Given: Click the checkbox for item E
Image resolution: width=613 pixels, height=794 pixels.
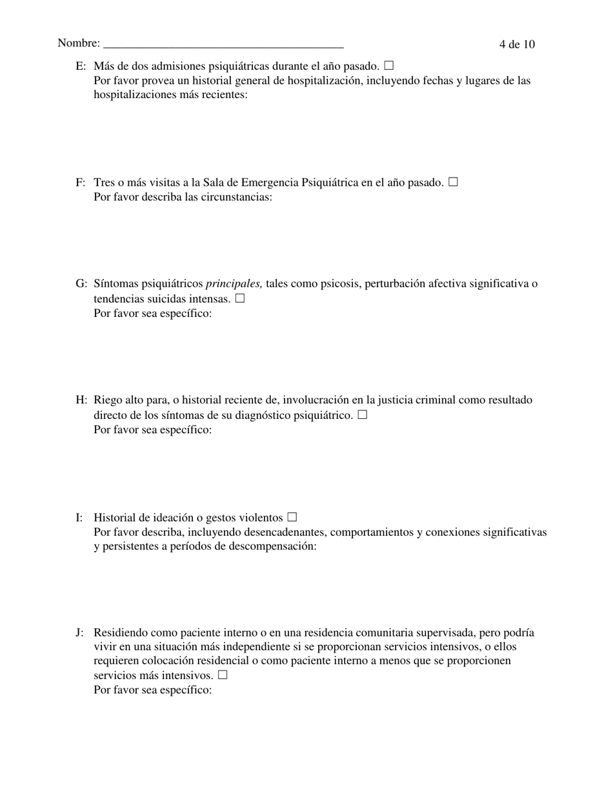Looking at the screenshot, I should tap(388, 65).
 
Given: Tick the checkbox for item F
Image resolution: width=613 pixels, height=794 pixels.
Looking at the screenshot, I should tap(453, 182).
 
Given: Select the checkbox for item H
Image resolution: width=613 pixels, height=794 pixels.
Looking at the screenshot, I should tap(362, 414).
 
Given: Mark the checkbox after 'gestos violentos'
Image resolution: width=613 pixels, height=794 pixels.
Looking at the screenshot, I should tap(292, 517).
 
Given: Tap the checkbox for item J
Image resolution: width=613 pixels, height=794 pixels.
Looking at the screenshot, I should tap(223, 675).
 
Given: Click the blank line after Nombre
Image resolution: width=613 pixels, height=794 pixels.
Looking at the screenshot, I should tap(223, 44).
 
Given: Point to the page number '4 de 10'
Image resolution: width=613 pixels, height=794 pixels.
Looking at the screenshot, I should tap(517, 44).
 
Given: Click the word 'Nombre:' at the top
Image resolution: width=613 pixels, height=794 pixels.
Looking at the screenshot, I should tap(79, 43).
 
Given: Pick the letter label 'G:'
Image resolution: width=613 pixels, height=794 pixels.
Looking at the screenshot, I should tap(81, 283).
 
